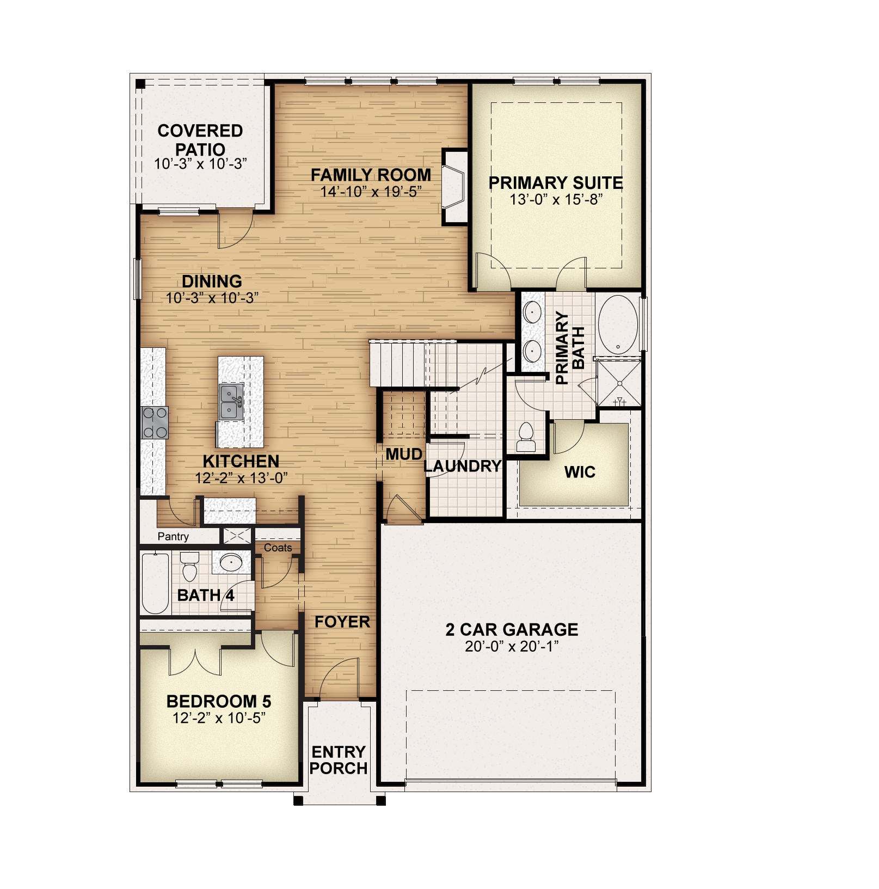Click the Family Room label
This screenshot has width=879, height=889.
pos(371,175)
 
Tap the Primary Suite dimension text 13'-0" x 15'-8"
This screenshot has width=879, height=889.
pos(556,200)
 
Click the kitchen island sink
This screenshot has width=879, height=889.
pos(231,402)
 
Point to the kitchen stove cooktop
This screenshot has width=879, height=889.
pos(155,423)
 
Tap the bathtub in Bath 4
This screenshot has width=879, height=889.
pos(155,583)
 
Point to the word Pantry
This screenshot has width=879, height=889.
pos(173,537)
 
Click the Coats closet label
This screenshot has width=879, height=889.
pos(278,548)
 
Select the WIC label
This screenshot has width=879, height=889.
pos(580,472)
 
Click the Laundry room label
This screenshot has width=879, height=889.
pos(462,467)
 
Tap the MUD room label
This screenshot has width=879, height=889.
pos(404,454)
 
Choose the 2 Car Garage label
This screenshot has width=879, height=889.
pos(512,630)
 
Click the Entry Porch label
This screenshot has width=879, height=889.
pos(338,760)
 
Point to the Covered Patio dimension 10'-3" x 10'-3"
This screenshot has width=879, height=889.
pos(201,164)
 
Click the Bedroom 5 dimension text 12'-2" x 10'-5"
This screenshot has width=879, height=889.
pos(219,719)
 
